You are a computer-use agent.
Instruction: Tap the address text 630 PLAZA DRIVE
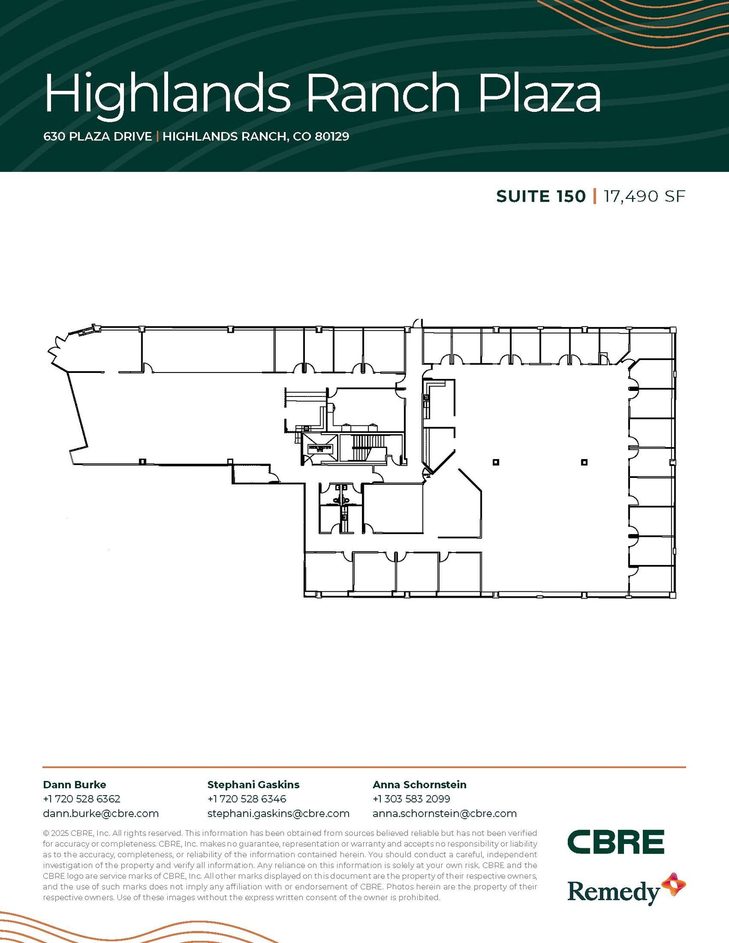click(x=97, y=137)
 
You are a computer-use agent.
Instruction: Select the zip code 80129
click(x=332, y=137)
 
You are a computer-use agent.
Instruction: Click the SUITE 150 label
click(x=541, y=197)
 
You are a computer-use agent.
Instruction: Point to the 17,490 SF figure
click(x=644, y=197)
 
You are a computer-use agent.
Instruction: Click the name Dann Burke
click(x=74, y=785)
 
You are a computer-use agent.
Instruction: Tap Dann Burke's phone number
click(x=82, y=799)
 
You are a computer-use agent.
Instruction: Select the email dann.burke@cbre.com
click(x=100, y=814)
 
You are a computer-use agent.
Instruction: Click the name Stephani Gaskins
click(x=253, y=785)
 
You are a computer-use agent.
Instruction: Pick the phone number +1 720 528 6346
click(x=247, y=799)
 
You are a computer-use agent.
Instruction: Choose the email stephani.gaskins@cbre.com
click(x=278, y=814)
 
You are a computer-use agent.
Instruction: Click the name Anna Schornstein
click(x=420, y=785)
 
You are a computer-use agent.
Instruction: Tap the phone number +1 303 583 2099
click(x=411, y=799)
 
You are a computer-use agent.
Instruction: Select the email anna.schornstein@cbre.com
click(x=444, y=814)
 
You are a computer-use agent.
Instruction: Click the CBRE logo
click(x=616, y=842)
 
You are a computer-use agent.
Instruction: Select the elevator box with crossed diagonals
click(x=320, y=447)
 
